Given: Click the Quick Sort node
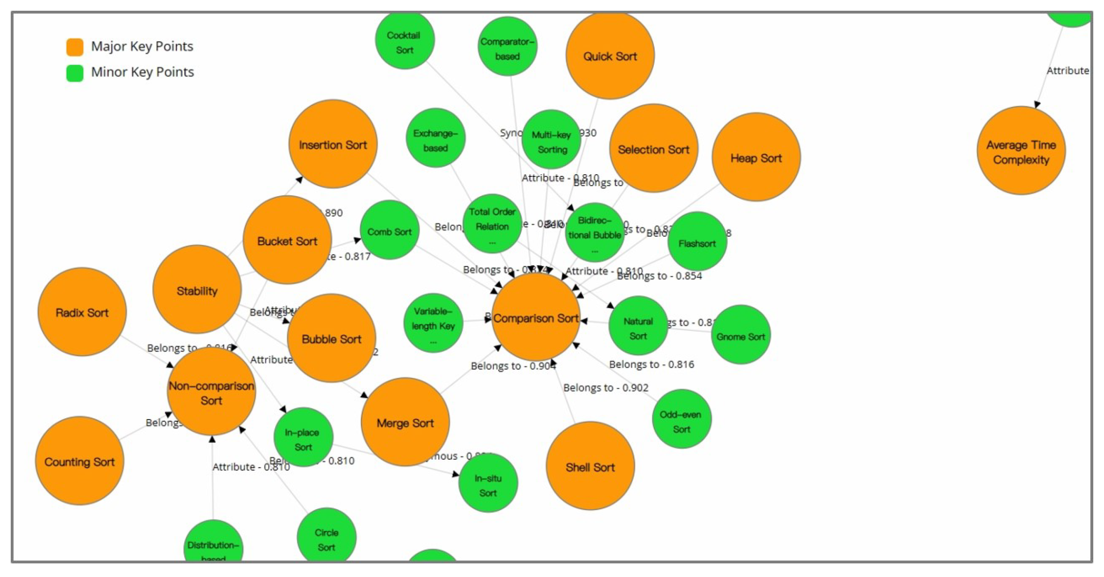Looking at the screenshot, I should pyautogui.click(x=610, y=56).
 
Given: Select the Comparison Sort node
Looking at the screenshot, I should pyautogui.click(x=536, y=318).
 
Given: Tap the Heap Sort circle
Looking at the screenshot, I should pyautogui.click(x=756, y=157).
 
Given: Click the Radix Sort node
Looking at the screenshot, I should pyautogui.click(x=82, y=312).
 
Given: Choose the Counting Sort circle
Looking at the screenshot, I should pyautogui.click(x=79, y=461).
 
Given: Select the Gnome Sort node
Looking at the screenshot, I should pyautogui.click(x=740, y=336).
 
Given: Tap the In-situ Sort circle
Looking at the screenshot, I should pyautogui.click(x=488, y=484).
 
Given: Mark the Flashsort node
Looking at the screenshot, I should pyautogui.click(x=697, y=242).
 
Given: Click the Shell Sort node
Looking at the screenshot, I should pyautogui.click(x=590, y=466).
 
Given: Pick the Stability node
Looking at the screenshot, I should pyautogui.click(x=197, y=290).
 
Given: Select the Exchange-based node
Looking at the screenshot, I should pyautogui.click(x=436, y=139).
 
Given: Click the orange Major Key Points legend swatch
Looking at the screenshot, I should pyautogui.click(x=75, y=47).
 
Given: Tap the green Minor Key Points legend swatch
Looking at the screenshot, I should pyautogui.click(x=75, y=73).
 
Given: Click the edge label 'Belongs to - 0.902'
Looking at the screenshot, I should pyautogui.click(x=605, y=387).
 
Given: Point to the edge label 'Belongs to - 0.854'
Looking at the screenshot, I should pyautogui.click(x=659, y=276).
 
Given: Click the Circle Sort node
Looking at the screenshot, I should pyautogui.click(x=326, y=538).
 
